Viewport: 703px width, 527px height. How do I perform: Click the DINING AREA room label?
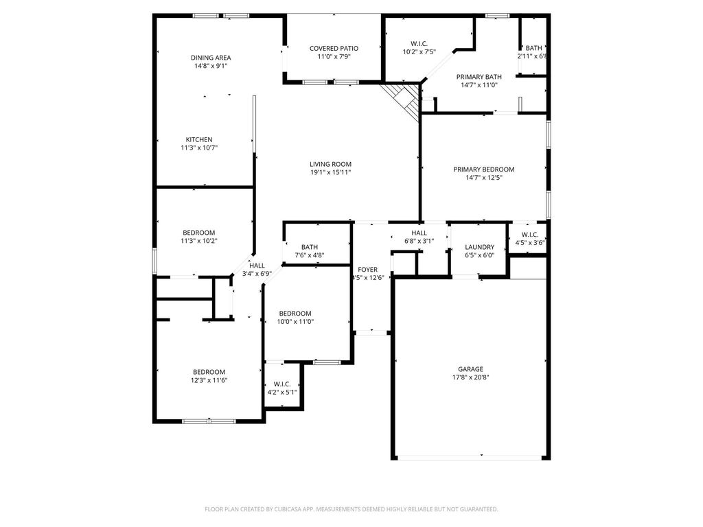tap(211, 58)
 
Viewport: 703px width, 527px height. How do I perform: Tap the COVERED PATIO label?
tap(334, 49)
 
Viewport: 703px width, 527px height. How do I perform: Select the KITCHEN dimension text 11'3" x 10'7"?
tap(199, 148)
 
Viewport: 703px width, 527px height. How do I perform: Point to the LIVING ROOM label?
tap(330, 164)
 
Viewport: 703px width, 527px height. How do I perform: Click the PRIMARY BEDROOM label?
tap(484, 169)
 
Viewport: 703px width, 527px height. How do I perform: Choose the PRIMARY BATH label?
tap(479, 77)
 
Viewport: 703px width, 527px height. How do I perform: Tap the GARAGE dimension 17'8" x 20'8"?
tap(470, 377)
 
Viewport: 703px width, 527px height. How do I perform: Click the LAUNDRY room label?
tap(480, 247)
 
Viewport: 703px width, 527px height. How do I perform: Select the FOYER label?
tap(368, 269)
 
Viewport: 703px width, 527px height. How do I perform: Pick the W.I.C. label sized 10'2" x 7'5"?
tap(419, 44)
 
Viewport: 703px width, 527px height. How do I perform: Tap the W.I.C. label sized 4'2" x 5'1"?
tap(282, 384)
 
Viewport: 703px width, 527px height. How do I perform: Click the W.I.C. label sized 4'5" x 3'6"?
tap(530, 235)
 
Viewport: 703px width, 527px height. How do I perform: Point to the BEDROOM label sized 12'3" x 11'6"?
tap(209, 372)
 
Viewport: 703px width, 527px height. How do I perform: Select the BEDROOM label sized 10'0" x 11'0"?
tap(295, 313)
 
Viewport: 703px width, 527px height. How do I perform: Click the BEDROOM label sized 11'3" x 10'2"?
tap(198, 233)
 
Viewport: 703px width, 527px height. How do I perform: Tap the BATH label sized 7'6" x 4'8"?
tap(310, 247)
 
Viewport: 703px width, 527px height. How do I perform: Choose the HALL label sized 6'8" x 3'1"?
tap(419, 233)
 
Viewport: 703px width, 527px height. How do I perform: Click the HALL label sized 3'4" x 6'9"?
tap(257, 266)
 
